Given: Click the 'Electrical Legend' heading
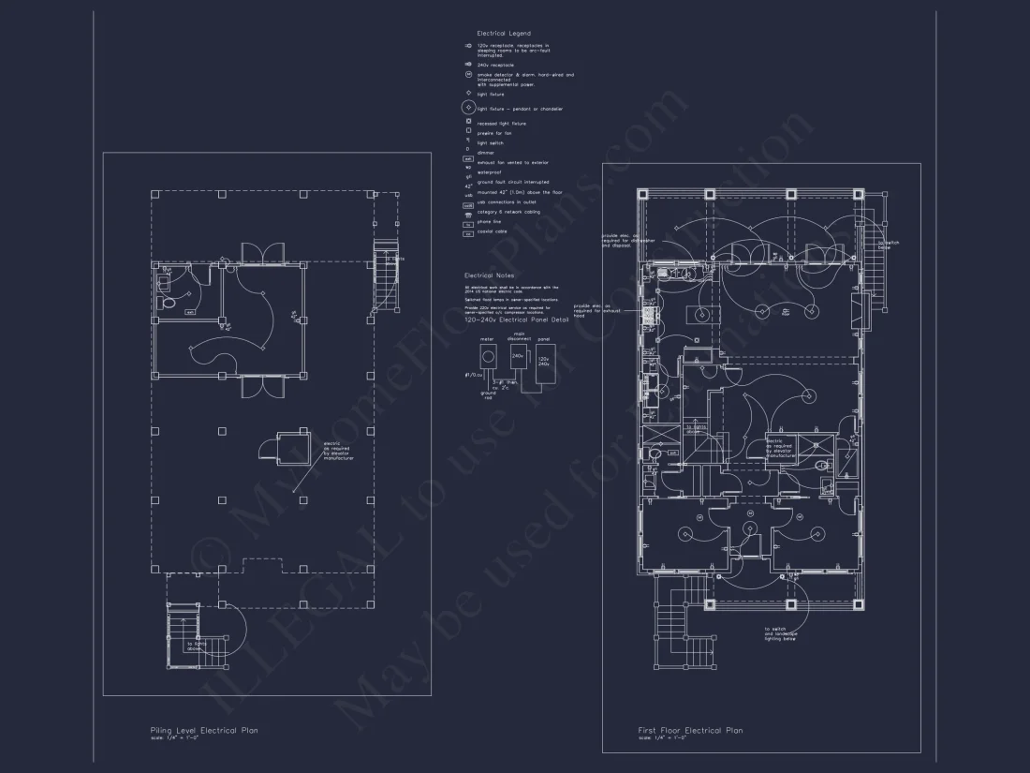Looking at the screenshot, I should pos(505,33).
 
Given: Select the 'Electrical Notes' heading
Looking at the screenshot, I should pos(489,275).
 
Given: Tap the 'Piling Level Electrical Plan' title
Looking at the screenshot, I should pos(204,730).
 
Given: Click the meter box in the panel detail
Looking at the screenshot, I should pos(487,356).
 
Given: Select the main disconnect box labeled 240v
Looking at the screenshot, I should pos(518,357).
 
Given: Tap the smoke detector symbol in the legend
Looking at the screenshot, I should pos(467,75).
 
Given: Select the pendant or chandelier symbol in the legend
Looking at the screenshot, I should pos(467,109).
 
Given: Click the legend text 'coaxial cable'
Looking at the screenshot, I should pos(493,231).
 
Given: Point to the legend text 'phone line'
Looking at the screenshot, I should pos(490,222).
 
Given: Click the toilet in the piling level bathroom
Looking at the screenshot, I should pos(169,304).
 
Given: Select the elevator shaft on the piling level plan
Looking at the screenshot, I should pos(290,446).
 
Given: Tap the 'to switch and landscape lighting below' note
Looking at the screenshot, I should pos(781,633).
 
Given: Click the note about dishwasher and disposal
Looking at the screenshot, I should pos(620,240).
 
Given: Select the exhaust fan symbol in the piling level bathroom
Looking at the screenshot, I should pos(190,312).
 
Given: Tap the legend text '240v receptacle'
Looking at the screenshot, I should pos(496,65).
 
